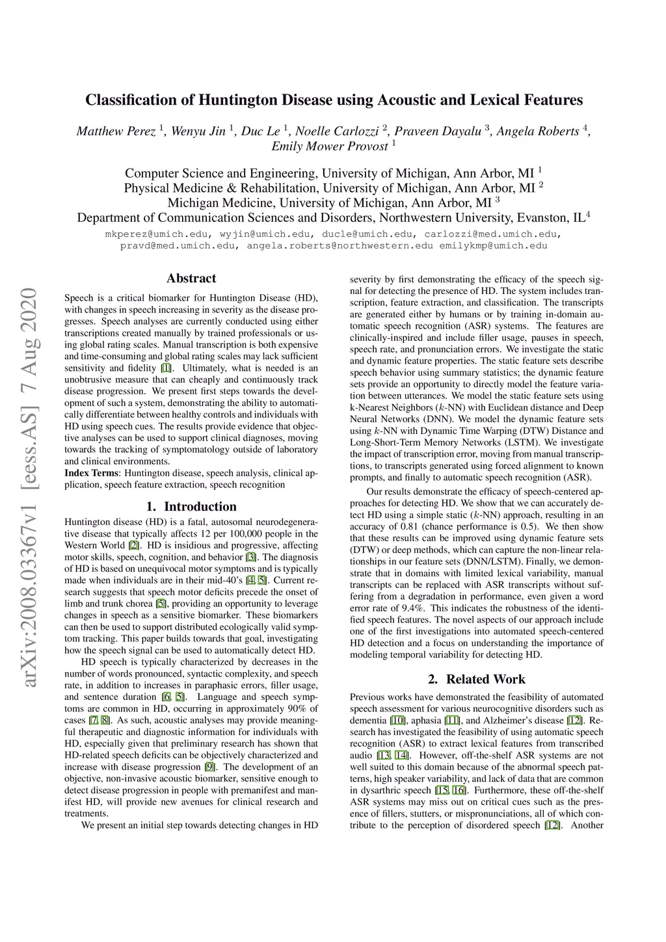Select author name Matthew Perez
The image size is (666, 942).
116,131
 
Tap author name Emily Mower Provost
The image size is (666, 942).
330,146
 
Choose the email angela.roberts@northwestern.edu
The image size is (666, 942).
340,246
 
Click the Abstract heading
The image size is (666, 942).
191,278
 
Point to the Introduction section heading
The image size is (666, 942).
191,507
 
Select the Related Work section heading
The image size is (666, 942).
477,679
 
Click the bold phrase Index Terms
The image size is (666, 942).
92,473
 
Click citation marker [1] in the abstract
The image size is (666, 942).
166,368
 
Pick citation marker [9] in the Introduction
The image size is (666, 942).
209,767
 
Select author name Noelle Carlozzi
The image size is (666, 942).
337,131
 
